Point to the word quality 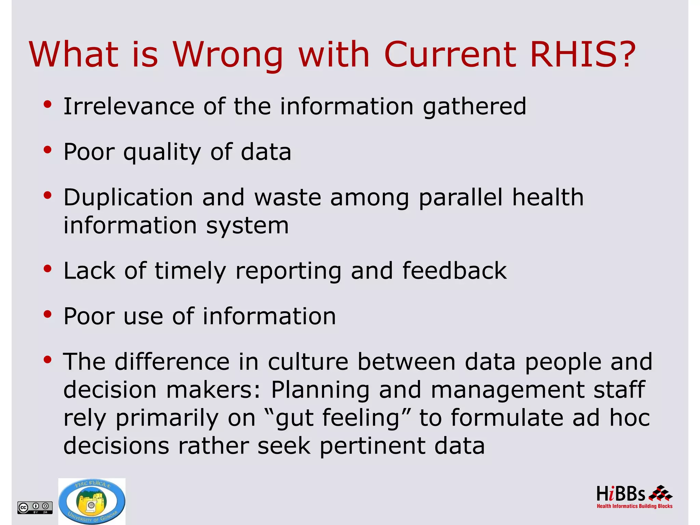click(162, 152)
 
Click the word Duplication click(128, 198)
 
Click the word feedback click(454, 271)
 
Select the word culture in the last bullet click(308, 362)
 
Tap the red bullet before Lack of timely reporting click(48, 269)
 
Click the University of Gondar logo click(92, 501)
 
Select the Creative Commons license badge click(35, 507)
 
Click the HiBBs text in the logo click(621, 494)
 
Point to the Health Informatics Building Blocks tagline click(634, 506)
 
